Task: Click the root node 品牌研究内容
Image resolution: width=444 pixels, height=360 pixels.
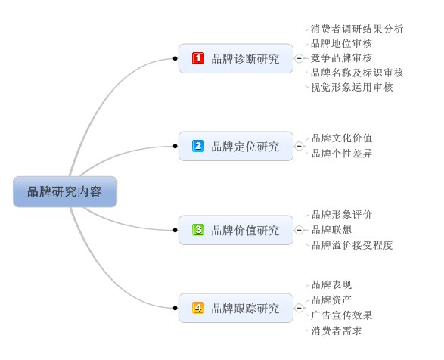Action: (65, 192)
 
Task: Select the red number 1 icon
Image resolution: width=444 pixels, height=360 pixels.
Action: (198, 58)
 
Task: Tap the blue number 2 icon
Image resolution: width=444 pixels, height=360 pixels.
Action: (198, 146)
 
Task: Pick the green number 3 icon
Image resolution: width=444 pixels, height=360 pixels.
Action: (198, 230)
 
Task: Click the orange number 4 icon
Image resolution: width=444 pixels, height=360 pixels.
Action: (198, 308)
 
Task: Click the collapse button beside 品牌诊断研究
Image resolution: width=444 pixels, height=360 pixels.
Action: (299, 58)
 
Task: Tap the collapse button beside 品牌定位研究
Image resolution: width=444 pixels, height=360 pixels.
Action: (299, 146)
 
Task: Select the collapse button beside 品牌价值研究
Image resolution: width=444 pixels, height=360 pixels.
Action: (299, 230)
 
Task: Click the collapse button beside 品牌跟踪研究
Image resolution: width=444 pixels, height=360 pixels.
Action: (299, 308)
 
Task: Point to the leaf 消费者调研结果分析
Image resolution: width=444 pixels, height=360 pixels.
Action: (357, 29)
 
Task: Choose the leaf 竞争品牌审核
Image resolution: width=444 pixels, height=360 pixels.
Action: (341, 58)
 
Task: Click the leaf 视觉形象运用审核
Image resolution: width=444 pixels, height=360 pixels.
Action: (352, 87)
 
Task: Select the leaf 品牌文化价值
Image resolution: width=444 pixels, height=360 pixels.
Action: (342, 138)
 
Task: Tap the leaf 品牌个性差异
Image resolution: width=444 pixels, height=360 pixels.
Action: (342, 154)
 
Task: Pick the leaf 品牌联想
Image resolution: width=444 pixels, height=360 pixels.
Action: (331, 230)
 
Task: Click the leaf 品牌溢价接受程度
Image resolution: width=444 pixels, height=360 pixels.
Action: (352, 245)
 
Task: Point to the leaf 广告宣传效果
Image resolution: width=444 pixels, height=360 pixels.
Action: (342, 315)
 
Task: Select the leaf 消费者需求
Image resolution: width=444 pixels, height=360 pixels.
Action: (337, 331)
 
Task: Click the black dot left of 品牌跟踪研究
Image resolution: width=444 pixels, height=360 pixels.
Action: (175, 308)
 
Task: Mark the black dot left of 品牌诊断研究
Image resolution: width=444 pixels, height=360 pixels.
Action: (175, 58)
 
